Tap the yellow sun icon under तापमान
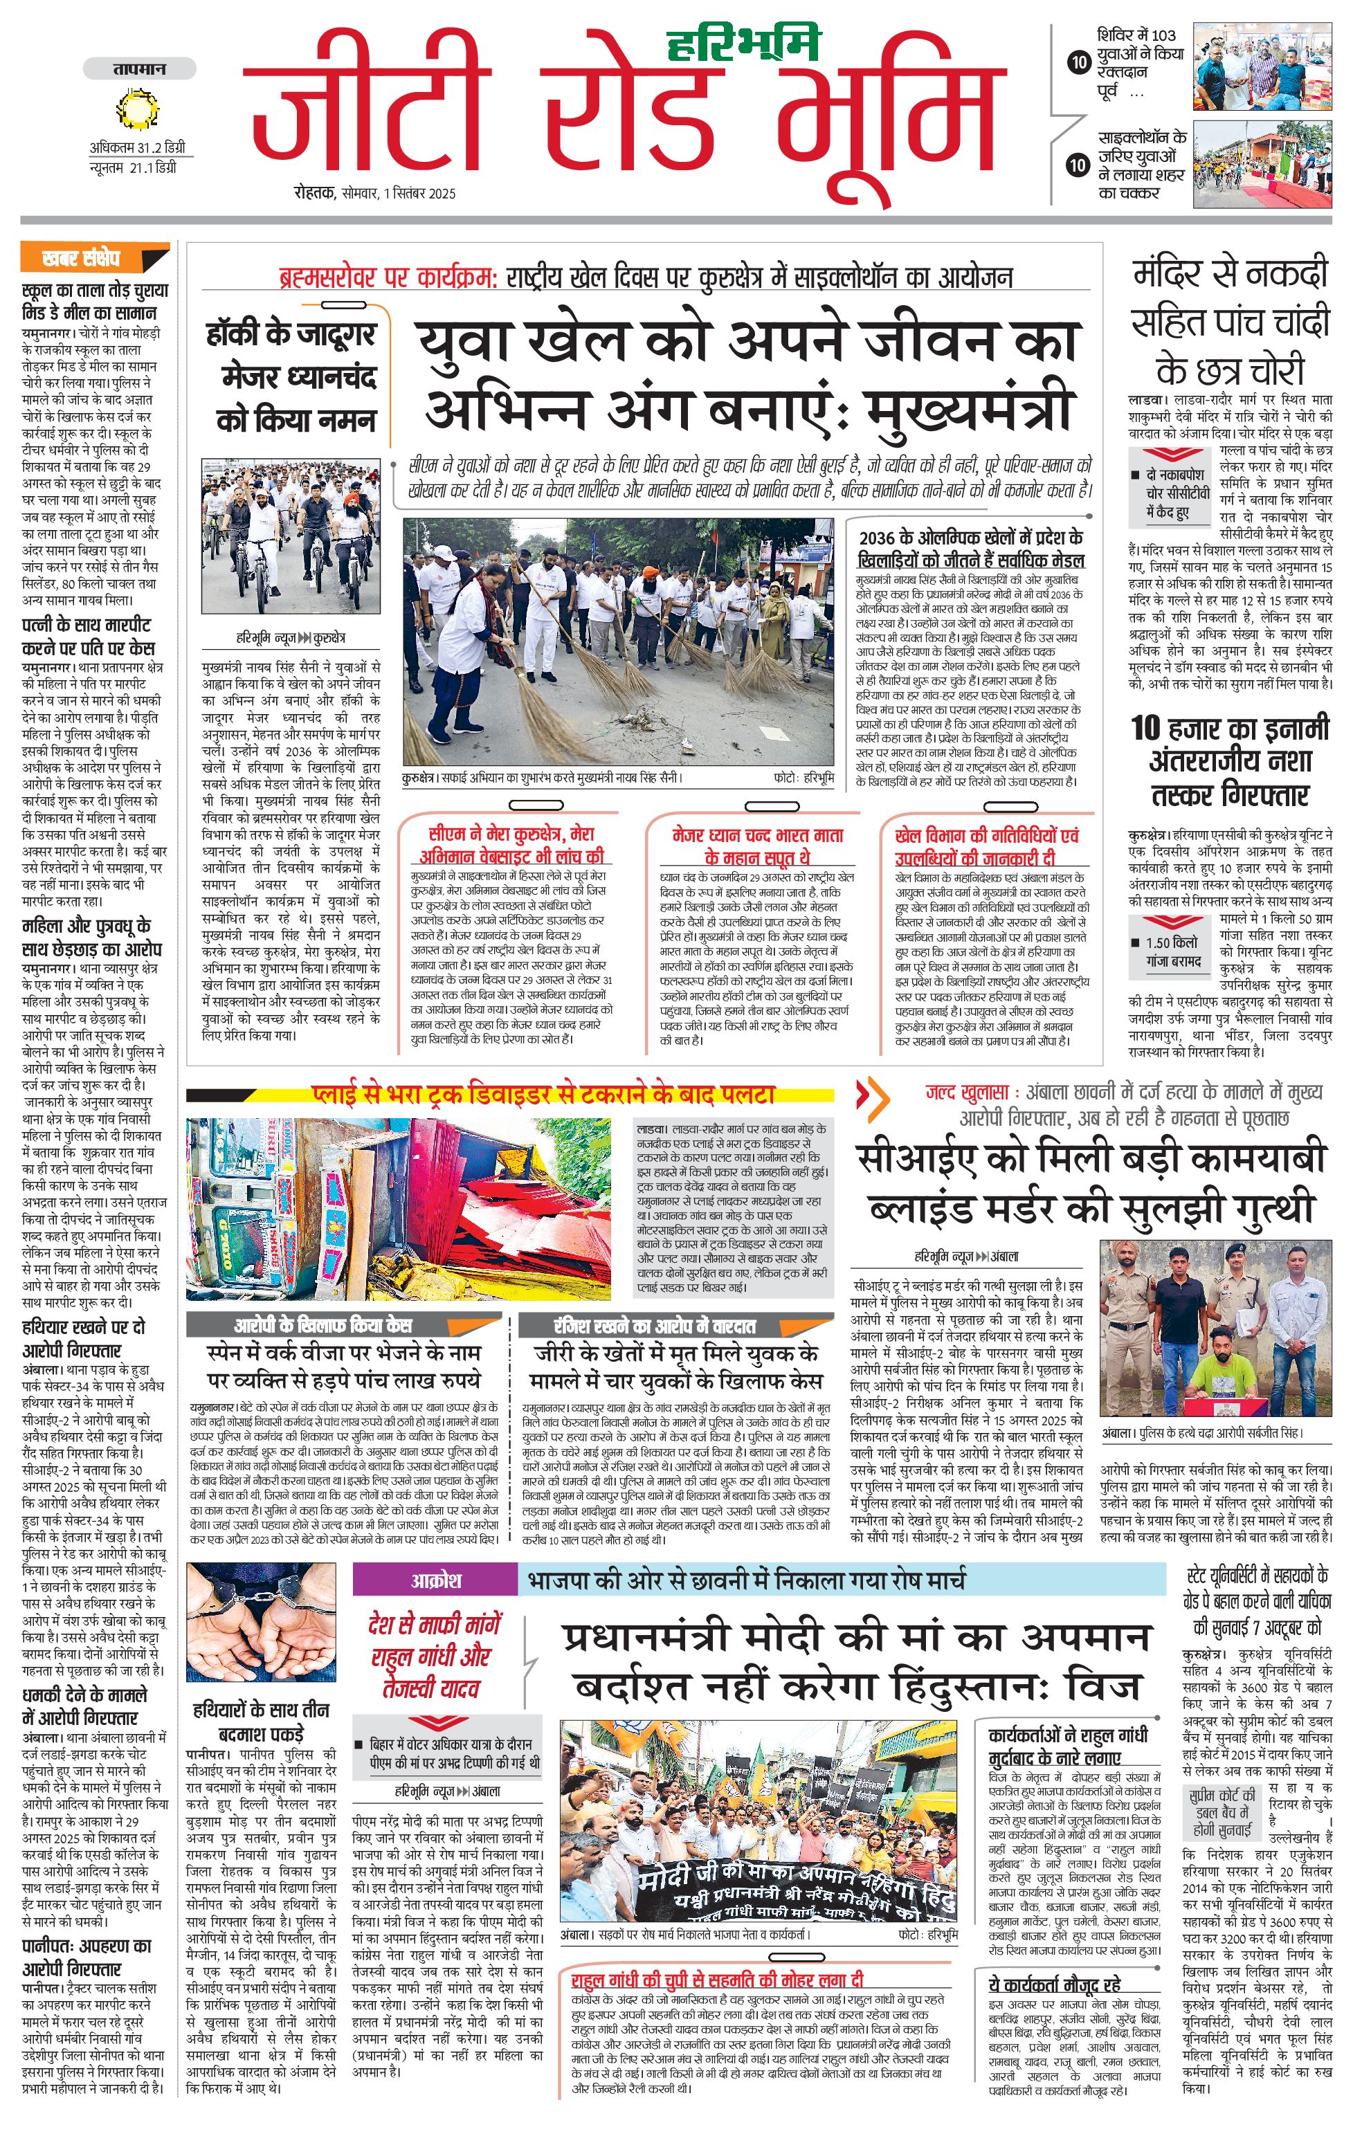point(138,109)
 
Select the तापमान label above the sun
point(139,69)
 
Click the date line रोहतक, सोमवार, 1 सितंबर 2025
point(375,192)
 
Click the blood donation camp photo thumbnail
point(1262,67)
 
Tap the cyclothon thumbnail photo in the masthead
point(1262,164)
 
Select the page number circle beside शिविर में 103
point(1079,62)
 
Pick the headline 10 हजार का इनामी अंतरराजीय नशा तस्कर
point(1230,760)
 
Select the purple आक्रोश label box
point(435,1580)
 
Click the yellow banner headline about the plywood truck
point(543,1093)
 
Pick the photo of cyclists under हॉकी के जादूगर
point(291,534)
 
